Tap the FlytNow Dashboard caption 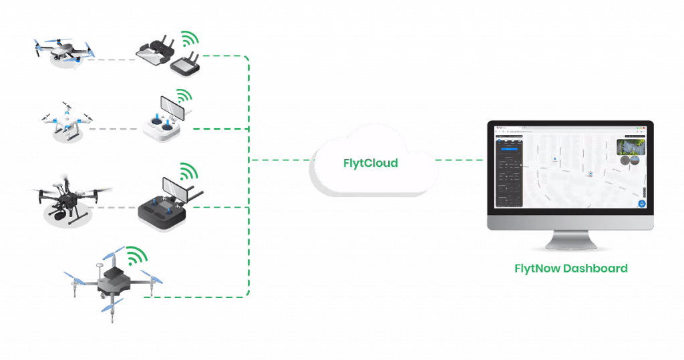click(571, 268)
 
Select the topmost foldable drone click(63, 52)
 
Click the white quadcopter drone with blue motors click(67, 122)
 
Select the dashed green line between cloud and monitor click(460, 160)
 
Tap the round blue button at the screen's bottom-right click(641, 203)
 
